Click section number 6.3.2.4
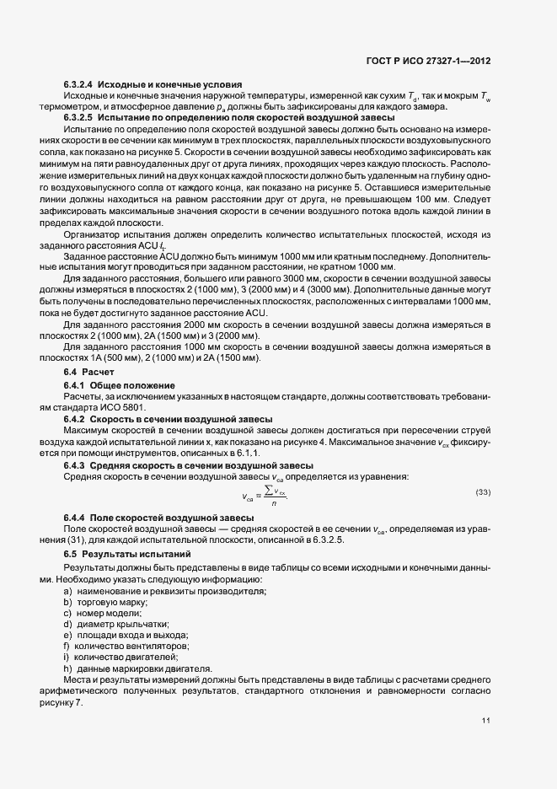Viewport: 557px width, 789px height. [x=78, y=84]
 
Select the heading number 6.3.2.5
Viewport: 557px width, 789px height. [x=78, y=117]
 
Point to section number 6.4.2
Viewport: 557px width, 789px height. [x=75, y=419]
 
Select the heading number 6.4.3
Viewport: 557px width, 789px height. [x=75, y=466]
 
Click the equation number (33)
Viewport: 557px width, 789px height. [x=483, y=491]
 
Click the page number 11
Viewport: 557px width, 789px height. [x=485, y=721]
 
